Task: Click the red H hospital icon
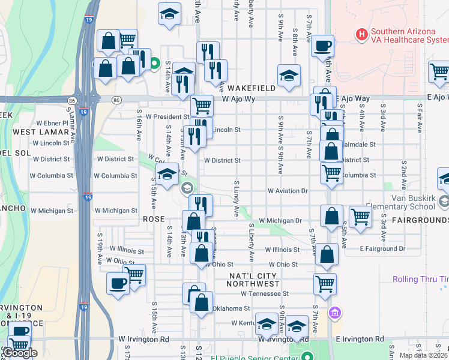coord(361,34)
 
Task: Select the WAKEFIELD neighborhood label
coord(252,88)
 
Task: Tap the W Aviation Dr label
coord(288,191)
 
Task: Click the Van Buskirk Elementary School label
coord(420,203)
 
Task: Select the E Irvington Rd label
coord(360,339)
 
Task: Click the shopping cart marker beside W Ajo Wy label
coord(202,106)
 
